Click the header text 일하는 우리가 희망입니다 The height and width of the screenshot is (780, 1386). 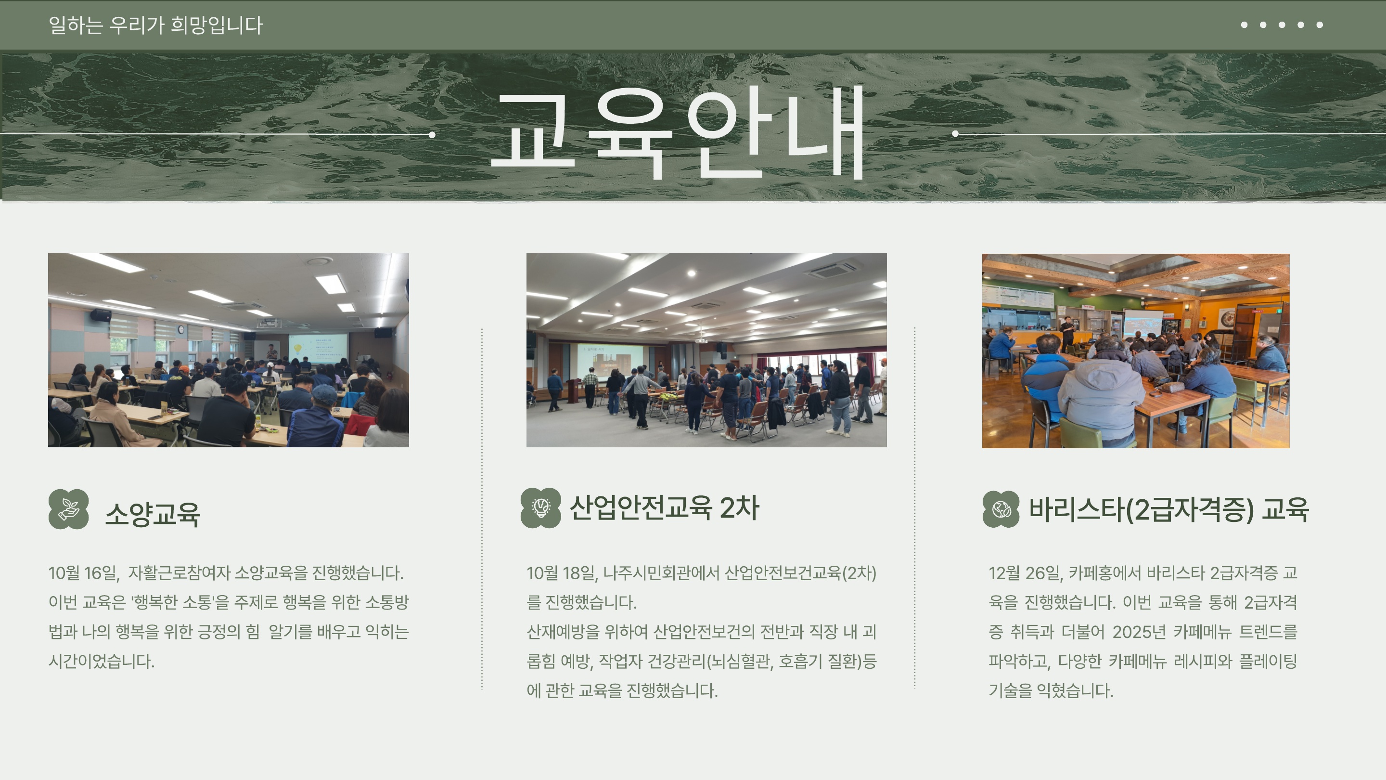pos(155,25)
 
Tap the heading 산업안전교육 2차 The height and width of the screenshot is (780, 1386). pos(664,507)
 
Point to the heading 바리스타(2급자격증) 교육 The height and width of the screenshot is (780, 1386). pos(1168,509)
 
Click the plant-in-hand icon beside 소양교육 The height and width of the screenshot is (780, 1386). pos(68,509)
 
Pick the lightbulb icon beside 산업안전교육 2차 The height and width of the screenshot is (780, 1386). pos(541,507)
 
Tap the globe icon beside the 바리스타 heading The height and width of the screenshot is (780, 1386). pos(1001,509)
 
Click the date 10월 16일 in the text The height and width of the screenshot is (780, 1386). pos(83,573)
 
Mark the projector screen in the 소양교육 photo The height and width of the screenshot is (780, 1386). pos(318,350)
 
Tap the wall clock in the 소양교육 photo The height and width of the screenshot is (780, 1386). pos(181,329)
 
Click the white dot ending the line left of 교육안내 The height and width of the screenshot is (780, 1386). pos(432,135)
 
